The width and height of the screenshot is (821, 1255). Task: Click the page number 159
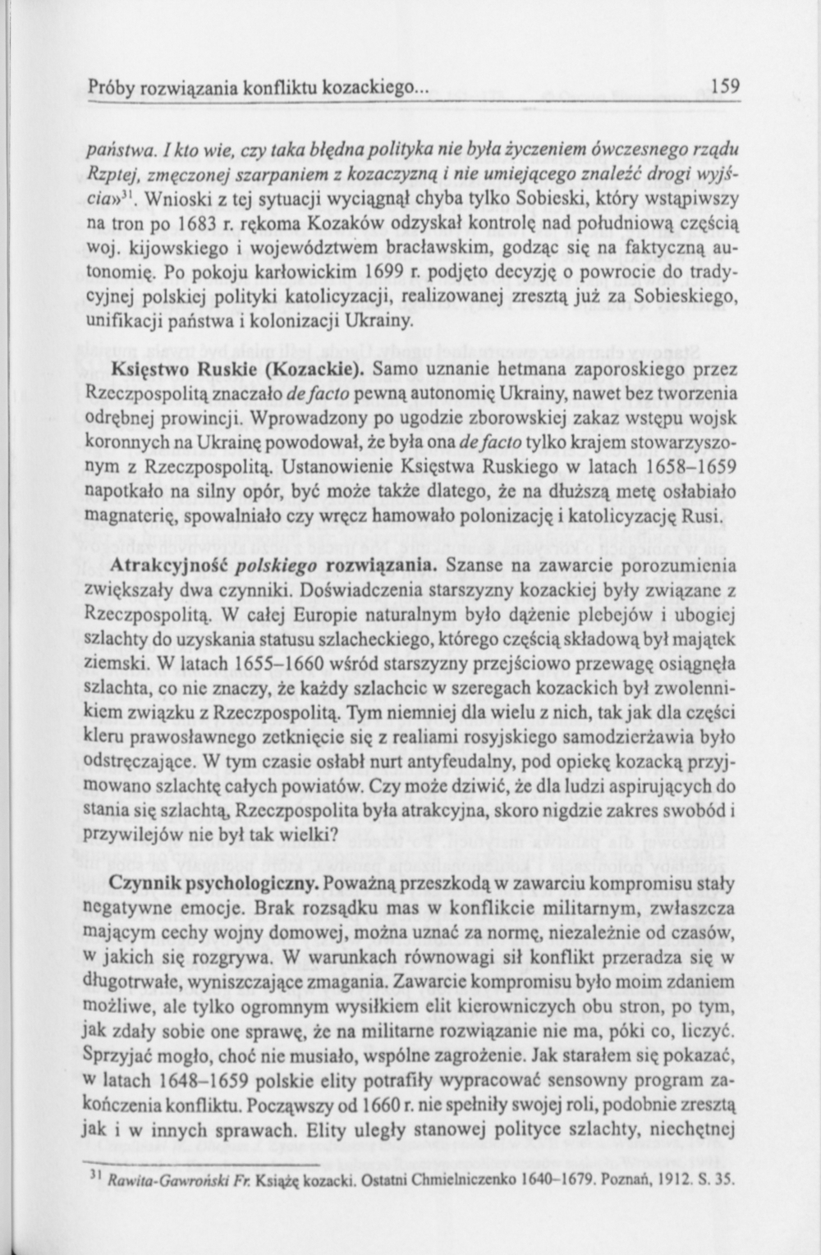tap(726, 85)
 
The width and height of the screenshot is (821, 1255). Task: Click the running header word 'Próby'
tap(110, 85)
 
